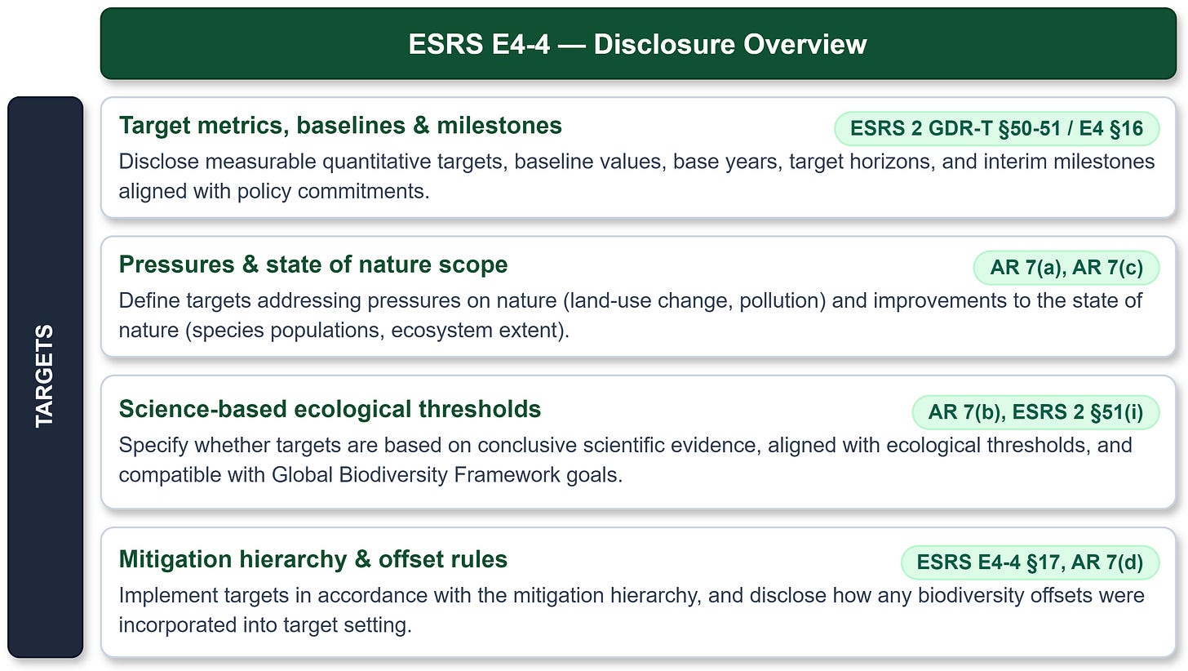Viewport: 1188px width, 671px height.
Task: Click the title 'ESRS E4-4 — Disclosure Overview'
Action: [637, 44]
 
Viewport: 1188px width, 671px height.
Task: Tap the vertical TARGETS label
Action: [45, 376]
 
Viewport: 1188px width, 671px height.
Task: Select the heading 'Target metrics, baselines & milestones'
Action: [340, 126]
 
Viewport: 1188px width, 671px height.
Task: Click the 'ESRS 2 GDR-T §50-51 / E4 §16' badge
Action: [996, 128]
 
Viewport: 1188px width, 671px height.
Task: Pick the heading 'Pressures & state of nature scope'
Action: [313, 264]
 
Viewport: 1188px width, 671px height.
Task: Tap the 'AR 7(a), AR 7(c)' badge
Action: [1066, 268]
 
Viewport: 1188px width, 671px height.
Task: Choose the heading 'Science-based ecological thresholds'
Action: [330, 410]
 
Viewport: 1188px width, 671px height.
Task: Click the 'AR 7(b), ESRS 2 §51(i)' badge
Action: [1035, 412]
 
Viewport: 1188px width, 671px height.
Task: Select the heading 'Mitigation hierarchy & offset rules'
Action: [313, 560]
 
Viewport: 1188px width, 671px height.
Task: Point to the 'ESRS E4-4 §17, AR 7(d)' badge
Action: [1030, 562]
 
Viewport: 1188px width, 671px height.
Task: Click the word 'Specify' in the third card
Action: [153, 446]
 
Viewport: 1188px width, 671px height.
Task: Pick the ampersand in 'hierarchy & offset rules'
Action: [363, 560]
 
